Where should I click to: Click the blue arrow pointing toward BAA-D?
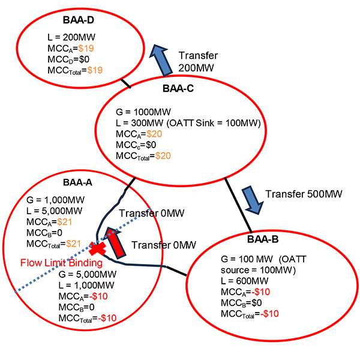pos(160,58)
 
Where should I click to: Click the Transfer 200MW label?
pos(202,61)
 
